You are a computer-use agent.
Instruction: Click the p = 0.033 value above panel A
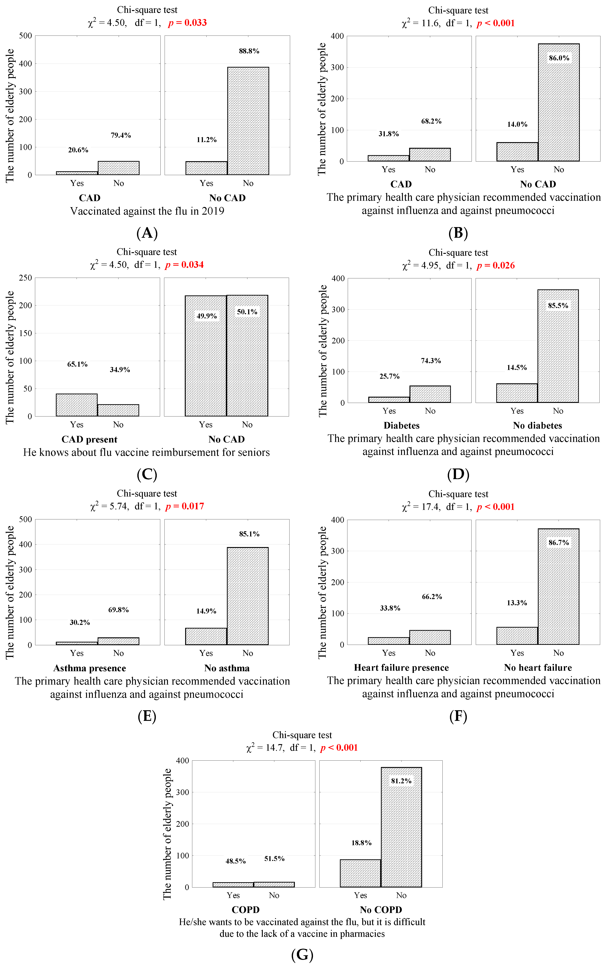[187, 23]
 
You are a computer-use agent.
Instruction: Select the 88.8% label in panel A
[249, 51]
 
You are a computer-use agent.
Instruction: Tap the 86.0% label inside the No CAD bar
[559, 58]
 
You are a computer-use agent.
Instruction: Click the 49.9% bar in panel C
[206, 357]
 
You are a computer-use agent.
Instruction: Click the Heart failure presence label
[401, 667]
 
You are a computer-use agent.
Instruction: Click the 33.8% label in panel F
[390, 608]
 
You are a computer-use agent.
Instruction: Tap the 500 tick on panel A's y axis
[25, 36]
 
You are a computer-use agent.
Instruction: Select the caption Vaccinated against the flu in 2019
[147, 211]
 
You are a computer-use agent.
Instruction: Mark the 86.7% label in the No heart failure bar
[559, 542]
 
